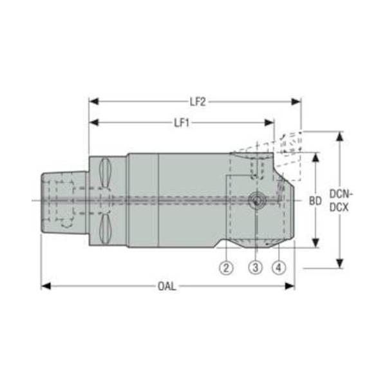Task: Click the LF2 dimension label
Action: click(198, 102)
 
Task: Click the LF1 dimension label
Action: click(182, 123)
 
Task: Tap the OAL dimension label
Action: click(167, 286)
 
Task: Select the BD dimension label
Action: click(315, 201)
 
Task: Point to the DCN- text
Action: click(341, 194)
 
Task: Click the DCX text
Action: click(339, 208)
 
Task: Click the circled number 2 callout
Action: click(226, 267)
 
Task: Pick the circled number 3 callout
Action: click(256, 267)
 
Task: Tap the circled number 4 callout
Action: click(279, 267)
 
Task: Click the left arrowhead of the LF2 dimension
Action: click(94, 102)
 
